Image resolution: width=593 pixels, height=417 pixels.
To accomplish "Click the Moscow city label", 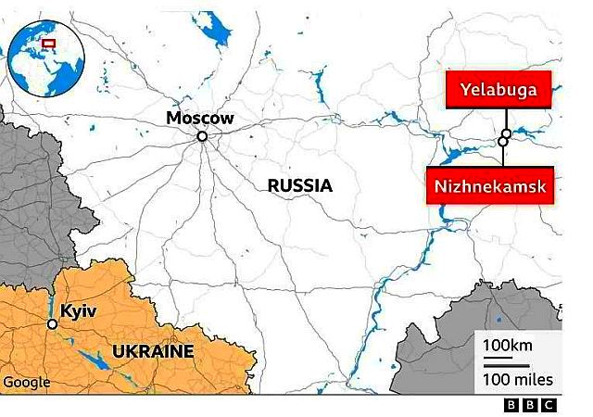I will tap(199, 118).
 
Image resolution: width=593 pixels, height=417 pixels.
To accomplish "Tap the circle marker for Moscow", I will tap(201, 136).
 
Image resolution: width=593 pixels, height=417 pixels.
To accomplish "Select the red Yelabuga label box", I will tap(498, 90).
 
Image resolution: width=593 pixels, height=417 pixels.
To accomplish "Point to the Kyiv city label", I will tap(79, 310).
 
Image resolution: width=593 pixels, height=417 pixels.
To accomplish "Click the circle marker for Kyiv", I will tap(53, 323).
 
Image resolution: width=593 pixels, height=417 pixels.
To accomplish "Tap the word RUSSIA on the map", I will tap(299, 185).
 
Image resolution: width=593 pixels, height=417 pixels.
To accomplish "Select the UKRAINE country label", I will tap(153, 351).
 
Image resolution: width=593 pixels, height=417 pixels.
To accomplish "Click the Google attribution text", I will tap(27, 382).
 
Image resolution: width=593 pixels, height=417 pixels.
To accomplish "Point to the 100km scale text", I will tap(508, 346).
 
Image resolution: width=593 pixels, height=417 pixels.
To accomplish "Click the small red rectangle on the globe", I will tap(48, 43).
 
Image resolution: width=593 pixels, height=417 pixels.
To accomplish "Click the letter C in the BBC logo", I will tap(549, 405).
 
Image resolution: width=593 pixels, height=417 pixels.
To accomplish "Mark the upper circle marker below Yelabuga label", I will tap(506, 133).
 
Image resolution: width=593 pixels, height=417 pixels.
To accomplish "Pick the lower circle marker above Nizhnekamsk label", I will tap(503, 142).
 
